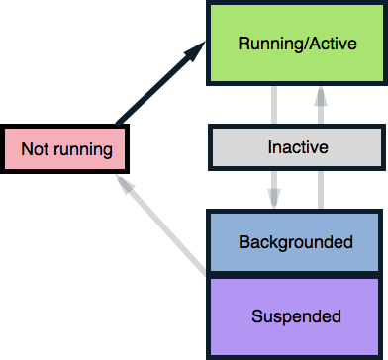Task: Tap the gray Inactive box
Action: tap(294, 148)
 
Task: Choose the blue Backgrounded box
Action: tap(295, 242)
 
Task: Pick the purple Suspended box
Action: tap(295, 316)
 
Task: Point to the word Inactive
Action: tap(297, 148)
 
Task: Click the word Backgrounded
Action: tap(295, 242)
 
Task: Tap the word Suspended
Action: tap(295, 316)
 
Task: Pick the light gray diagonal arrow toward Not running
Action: tap(163, 227)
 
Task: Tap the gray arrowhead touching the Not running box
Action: tap(121, 184)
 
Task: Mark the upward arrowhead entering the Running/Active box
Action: tap(320, 94)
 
